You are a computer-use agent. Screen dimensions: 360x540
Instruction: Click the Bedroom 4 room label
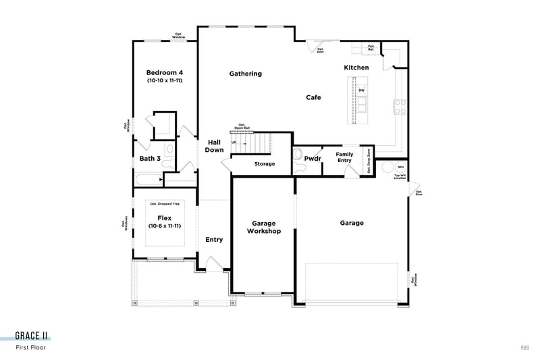(165, 72)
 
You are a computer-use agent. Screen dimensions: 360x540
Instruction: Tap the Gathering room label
(245, 74)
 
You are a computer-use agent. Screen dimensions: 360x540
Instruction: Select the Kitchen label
(356, 68)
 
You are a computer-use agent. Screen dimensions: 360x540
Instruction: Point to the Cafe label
(313, 97)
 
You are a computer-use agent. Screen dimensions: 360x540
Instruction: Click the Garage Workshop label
(266, 227)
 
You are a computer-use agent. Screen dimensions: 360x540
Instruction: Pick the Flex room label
(165, 217)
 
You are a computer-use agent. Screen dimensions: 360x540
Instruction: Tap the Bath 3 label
(150, 159)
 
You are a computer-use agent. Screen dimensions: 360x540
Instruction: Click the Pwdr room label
(312, 159)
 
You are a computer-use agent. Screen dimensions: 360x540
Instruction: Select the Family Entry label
(344, 157)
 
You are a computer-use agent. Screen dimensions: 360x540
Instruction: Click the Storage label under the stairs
(264, 163)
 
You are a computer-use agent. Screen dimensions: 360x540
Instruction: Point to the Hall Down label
(215, 146)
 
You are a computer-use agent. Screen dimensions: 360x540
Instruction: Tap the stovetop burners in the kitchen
(399, 106)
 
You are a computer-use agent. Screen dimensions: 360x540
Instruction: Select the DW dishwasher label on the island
(362, 91)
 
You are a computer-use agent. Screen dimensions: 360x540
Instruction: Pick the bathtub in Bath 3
(148, 180)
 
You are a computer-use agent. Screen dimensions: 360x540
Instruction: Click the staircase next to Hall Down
(256, 143)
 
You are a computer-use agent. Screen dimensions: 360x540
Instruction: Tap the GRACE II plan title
(32, 336)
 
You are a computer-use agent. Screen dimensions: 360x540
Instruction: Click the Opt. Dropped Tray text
(165, 203)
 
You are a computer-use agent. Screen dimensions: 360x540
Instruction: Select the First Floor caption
(31, 348)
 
